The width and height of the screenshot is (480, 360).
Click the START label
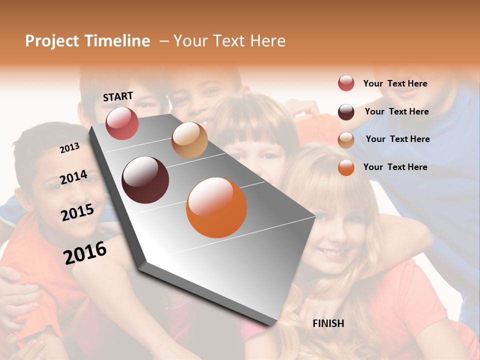coord(118,96)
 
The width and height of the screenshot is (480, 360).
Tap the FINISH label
coord(328,323)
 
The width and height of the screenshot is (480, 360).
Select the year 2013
coord(69,147)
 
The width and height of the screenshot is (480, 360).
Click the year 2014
coord(73,177)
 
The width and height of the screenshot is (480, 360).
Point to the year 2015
coord(77,212)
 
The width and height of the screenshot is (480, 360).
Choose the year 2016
coord(85,252)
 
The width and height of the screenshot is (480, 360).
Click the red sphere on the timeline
coord(122,123)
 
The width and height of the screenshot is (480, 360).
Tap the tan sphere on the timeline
coord(189,140)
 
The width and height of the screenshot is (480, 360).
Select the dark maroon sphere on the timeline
coord(145,180)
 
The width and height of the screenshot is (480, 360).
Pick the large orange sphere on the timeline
coord(216,207)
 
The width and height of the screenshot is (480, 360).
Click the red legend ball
coord(346,83)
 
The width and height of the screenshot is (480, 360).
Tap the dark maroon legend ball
coord(346,112)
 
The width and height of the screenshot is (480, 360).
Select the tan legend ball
coord(346,140)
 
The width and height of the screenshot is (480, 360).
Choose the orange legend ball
coord(346,167)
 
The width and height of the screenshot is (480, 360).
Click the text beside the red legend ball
coord(395,83)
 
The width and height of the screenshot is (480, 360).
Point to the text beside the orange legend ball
coord(395,167)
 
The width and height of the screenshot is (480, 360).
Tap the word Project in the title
coord(52,41)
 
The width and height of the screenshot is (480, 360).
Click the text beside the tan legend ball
coord(397,139)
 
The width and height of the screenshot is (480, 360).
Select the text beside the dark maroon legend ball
coord(396,111)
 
